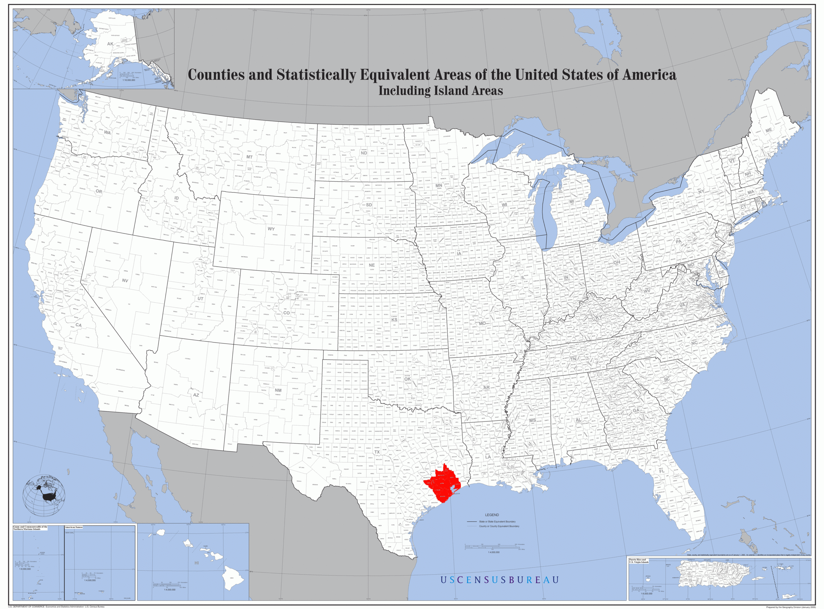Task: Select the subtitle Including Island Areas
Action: [x=440, y=91]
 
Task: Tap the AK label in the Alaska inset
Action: [x=110, y=44]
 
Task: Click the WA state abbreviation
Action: [x=107, y=132]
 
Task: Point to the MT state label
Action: [x=249, y=157]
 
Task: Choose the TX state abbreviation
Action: [x=377, y=452]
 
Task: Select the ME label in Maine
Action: [x=768, y=130]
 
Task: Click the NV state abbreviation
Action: [x=125, y=281]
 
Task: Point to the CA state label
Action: [x=78, y=325]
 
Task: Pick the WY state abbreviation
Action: [x=271, y=229]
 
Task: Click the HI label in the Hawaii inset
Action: [x=197, y=563]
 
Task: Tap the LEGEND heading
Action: [x=492, y=515]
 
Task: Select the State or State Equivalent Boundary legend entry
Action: [x=497, y=521]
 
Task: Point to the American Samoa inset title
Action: [x=74, y=528]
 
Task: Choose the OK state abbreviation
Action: [x=407, y=379]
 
